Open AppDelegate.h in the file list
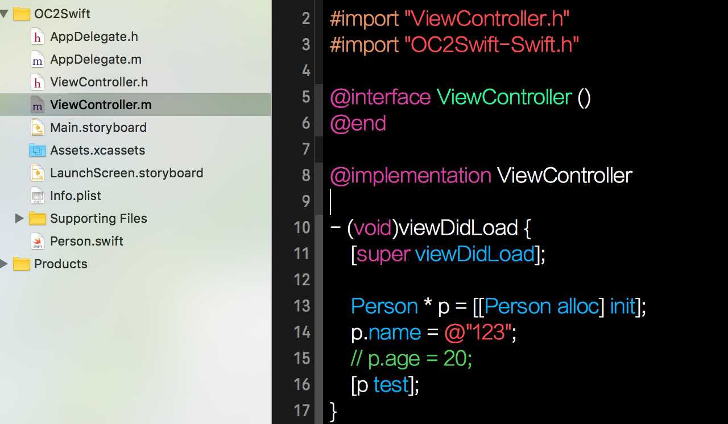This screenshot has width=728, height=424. (x=94, y=37)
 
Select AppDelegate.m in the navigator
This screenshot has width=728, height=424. (x=96, y=60)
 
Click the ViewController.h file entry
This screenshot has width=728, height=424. (x=98, y=82)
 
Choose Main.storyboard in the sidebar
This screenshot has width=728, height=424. (x=98, y=128)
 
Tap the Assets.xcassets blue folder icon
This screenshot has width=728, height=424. (x=38, y=151)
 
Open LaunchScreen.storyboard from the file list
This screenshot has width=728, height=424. (x=126, y=173)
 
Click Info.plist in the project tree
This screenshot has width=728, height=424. (x=75, y=196)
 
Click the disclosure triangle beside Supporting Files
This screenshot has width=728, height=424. (x=19, y=218)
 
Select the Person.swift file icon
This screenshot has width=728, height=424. (x=38, y=241)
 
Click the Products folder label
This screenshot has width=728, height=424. (x=60, y=264)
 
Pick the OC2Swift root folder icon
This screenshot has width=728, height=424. (x=22, y=14)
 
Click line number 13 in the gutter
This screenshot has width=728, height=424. (x=302, y=306)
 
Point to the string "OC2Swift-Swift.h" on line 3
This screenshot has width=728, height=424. (x=491, y=45)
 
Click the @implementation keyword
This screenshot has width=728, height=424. (x=410, y=176)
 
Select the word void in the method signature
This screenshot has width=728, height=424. (x=373, y=228)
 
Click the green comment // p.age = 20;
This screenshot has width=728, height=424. (x=411, y=359)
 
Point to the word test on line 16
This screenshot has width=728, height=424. (x=391, y=385)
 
